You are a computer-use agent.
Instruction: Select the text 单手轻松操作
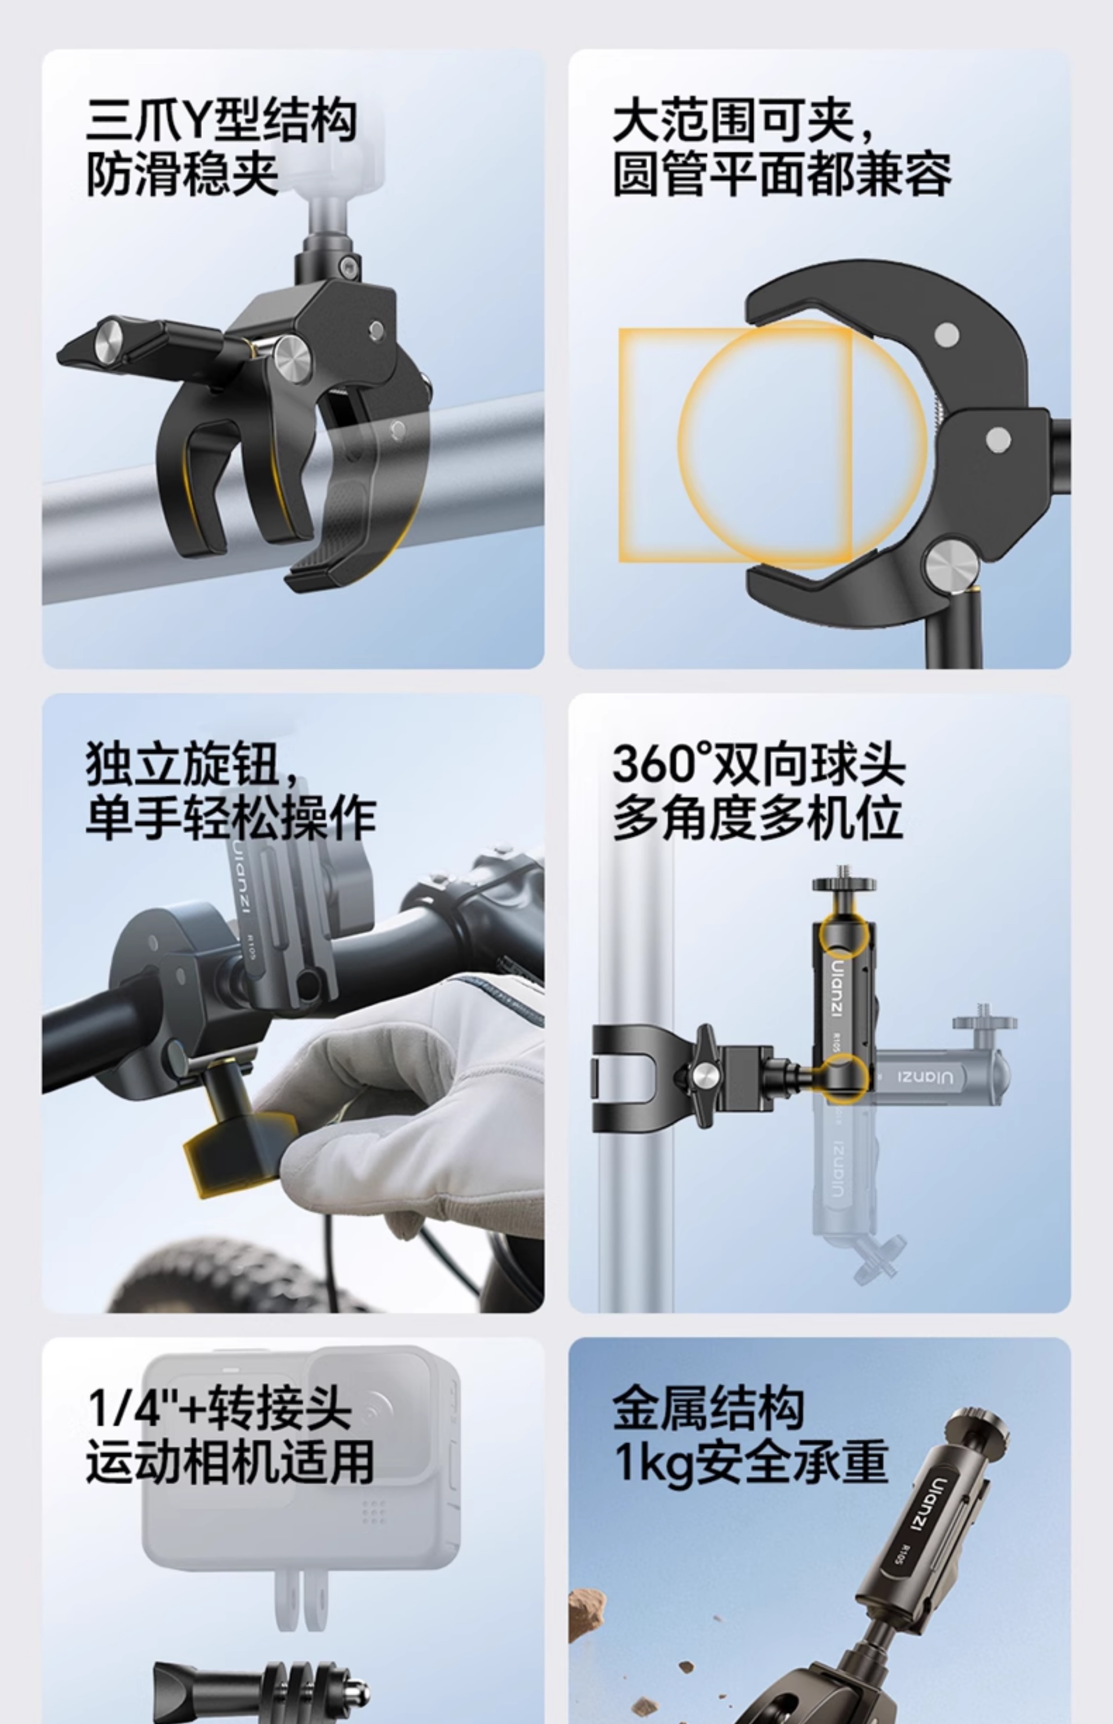(x=230, y=818)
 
